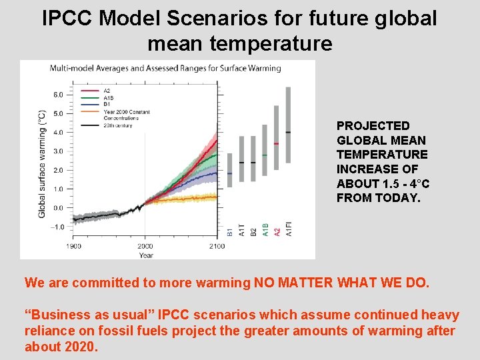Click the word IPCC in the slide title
[67, 18]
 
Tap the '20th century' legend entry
[119, 125]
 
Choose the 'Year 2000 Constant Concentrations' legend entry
[127, 115]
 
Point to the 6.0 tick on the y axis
[58, 95]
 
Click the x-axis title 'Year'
[146, 255]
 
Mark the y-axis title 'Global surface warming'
[42, 164]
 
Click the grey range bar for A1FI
[288, 125]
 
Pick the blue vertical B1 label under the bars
[230, 231]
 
